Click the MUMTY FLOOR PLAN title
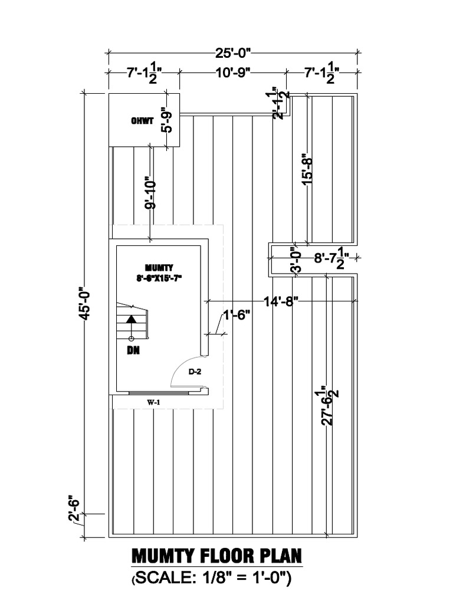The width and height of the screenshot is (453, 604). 216,556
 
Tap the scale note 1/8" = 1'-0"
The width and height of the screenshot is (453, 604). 212,580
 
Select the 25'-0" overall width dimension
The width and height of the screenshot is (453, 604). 234,54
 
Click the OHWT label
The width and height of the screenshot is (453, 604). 142,121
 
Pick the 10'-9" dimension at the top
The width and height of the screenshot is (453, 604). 232,73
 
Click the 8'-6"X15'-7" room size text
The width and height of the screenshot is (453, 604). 157,277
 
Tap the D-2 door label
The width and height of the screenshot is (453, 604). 195,372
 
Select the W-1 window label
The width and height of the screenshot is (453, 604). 155,402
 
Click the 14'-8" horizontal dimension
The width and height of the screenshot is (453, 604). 280,301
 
